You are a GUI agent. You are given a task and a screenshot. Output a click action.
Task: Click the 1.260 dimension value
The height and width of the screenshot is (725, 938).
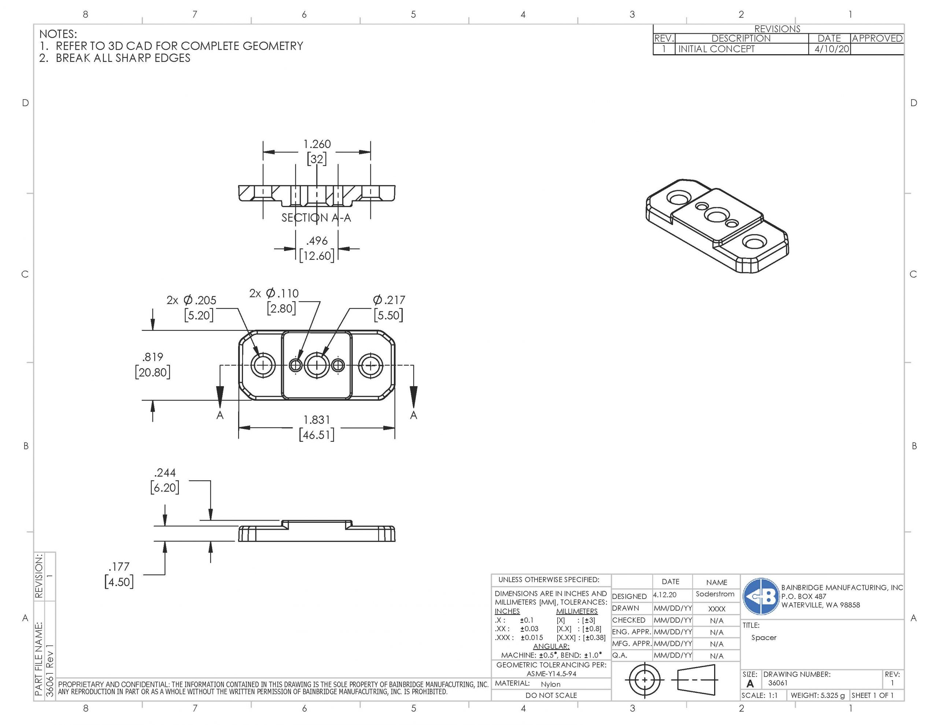317,144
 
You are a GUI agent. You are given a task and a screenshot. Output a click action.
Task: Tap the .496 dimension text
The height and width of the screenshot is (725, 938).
317,241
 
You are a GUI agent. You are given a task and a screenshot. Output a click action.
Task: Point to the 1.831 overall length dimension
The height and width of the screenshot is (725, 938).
317,419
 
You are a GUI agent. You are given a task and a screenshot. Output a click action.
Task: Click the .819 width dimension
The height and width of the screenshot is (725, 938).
152,357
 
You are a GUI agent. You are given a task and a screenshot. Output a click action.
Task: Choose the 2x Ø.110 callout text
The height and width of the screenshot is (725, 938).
274,294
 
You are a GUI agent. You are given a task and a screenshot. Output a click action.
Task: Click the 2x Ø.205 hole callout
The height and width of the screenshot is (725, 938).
192,300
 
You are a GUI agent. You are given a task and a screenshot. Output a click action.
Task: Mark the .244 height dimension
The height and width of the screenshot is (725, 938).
165,473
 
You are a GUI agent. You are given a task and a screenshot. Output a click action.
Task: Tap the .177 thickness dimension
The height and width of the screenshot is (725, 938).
119,567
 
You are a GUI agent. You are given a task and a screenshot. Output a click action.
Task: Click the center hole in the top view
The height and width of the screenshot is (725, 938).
317,366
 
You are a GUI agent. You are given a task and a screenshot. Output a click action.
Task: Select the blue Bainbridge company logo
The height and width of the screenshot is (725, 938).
761,596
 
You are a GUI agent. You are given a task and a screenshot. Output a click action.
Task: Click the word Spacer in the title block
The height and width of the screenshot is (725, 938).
764,637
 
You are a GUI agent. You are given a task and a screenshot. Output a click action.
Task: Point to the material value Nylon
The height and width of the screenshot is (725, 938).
551,684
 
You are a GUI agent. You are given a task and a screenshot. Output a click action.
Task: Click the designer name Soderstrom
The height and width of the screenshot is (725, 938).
715,594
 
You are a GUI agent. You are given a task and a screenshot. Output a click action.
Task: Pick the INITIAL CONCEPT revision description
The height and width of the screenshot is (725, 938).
716,49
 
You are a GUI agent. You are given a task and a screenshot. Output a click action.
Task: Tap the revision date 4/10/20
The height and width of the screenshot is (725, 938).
831,49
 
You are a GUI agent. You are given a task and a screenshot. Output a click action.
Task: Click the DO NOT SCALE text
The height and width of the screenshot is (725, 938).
551,695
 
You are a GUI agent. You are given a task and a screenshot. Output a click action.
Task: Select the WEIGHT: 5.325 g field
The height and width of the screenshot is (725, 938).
817,695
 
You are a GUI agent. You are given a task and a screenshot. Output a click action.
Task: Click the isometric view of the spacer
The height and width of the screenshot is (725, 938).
717,226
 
